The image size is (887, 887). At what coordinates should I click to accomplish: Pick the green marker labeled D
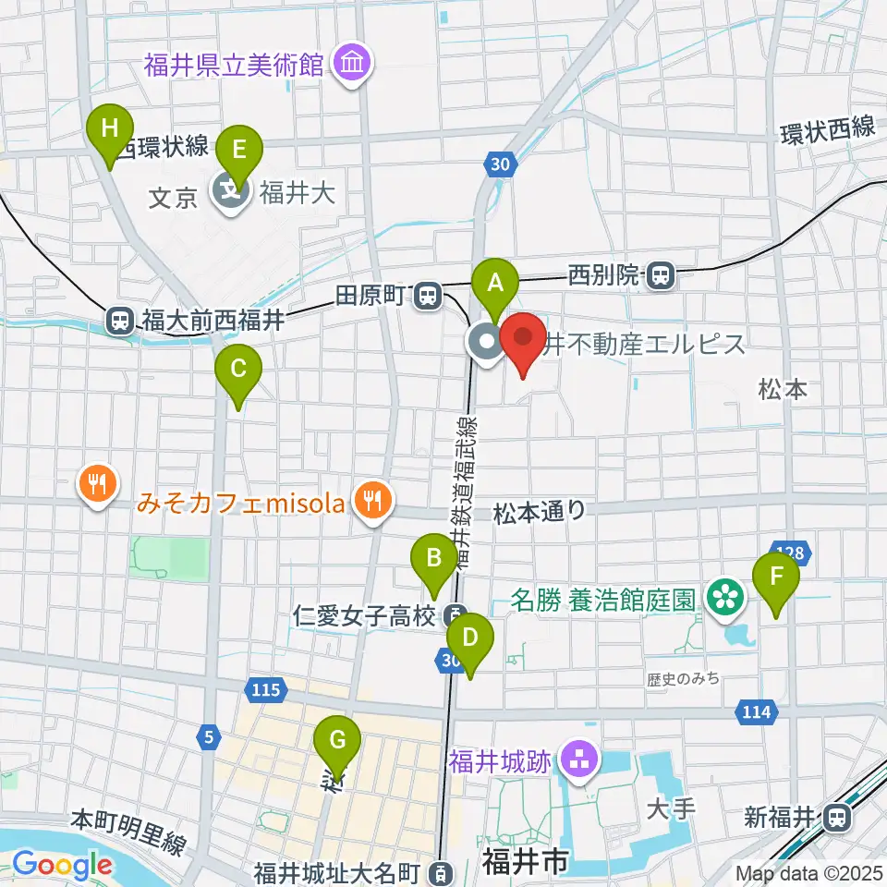tap(469, 638)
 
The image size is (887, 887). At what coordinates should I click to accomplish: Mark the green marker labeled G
tap(337, 741)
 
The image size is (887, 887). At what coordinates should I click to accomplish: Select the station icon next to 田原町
tap(427, 296)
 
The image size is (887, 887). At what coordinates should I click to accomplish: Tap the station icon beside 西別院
tap(659, 275)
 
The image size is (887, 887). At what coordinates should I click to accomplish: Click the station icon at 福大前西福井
tap(120, 320)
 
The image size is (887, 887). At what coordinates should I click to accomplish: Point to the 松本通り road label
tap(540, 509)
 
